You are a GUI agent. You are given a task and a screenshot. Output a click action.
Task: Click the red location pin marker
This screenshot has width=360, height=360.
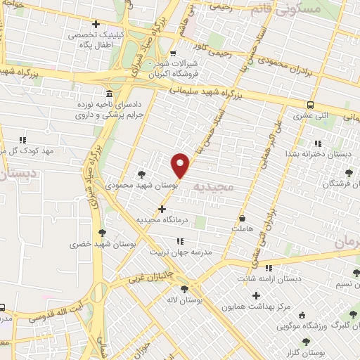(x=181, y=163)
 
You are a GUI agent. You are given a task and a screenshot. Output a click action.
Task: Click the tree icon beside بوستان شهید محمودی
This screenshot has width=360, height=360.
(x=141, y=174)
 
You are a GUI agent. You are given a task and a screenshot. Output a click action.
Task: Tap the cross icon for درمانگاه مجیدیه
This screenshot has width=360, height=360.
(x=162, y=209)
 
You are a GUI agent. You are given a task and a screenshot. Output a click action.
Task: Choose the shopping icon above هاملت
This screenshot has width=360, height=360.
(x=243, y=218)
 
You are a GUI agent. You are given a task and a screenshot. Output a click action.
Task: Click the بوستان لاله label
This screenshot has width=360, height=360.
(x=186, y=300)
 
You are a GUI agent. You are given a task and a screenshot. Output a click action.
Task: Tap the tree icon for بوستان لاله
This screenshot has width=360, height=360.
(x=184, y=288)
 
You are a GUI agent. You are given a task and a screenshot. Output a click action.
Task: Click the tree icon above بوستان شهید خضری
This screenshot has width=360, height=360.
(x=103, y=233)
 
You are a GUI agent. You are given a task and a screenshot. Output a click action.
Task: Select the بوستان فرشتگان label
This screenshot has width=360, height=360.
(x=330, y=184)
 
